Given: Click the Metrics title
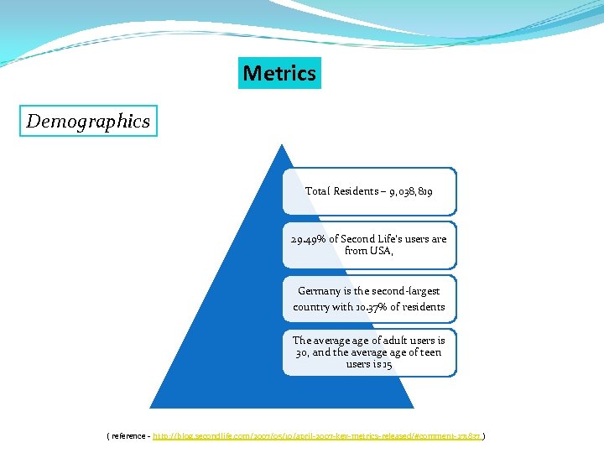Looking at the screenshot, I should click(x=279, y=73).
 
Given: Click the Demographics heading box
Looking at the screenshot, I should click(x=88, y=121).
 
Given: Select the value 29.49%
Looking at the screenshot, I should click(x=308, y=239).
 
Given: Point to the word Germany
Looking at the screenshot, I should click(x=320, y=291).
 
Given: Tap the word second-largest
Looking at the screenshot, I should click(x=403, y=291).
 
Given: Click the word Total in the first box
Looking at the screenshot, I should click(x=318, y=191).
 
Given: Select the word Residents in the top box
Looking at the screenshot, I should click(x=356, y=191).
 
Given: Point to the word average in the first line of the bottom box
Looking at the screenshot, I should click(x=335, y=340).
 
